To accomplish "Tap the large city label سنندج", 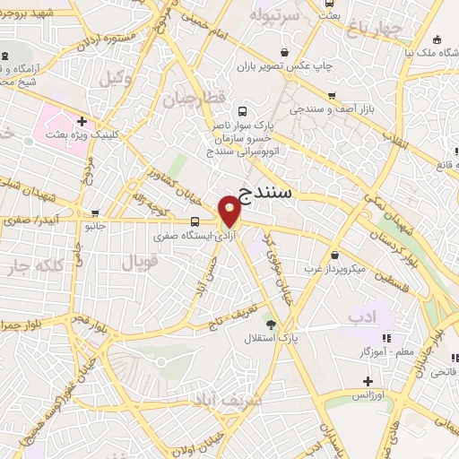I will tap(273, 189).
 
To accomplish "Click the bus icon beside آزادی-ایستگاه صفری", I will tap(195, 221).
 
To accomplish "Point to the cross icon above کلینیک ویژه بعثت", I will tap(82, 121).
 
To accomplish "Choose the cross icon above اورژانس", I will tap(368, 381).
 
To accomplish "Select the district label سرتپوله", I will tap(272, 15).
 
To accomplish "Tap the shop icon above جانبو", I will tap(94, 213).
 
